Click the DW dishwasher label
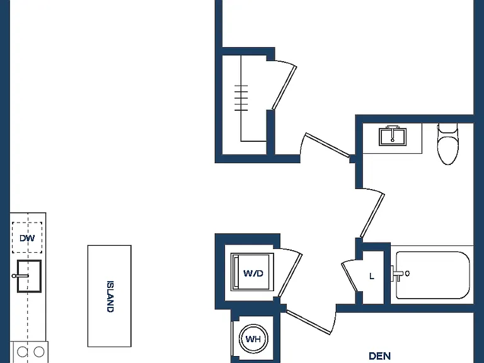[x=27, y=238]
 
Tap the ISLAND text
[x=110, y=296]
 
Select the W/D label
[x=253, y=273]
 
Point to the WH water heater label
[x=253, y=339]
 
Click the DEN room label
[x=379, y=356]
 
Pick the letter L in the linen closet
[x=372, y=276]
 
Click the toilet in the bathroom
[x=447, y=144]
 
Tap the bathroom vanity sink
[x=393, y=136]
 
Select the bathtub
[x=433, y=275]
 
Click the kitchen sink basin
[x=29, y=276]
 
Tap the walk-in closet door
[x=284, y=88]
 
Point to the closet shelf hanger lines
[x=241, y=98]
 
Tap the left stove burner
[x=22, y=352]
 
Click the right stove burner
[x=39, y=352]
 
